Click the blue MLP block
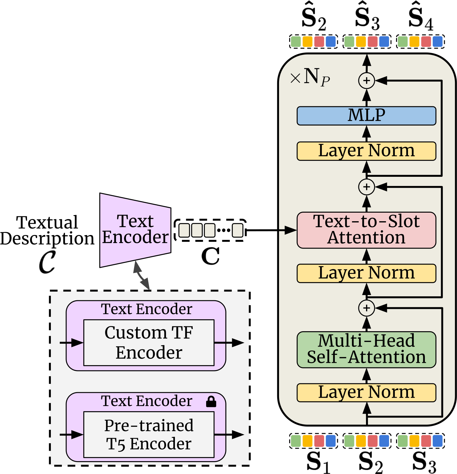click(366, 116)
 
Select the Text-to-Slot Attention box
click(366, 230)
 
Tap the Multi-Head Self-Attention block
click(366, 349)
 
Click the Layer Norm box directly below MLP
click(366, 151)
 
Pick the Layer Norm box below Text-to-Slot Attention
click(366, 273)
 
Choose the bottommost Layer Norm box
click(366, 392)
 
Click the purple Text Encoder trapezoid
click(135, 230)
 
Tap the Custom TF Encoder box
click(149, 343)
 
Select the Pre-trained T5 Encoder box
click(149, 434)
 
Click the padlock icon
click(211, 401)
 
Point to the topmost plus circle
click(366, 81)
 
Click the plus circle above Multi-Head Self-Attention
click(366, 308)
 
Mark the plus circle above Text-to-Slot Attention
click(366, 187)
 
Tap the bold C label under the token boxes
click(210, 256)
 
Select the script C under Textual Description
click(47, 262)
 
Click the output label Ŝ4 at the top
click(421, 19)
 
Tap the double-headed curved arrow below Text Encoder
click(142, 276)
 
